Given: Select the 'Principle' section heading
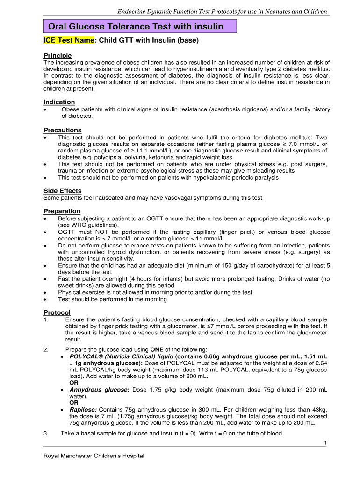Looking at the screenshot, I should coord(58,55).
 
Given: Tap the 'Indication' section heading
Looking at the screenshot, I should coord(59,102).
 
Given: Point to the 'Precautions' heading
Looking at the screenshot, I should coord(63,130).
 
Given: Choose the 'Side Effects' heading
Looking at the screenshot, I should coord(63,190).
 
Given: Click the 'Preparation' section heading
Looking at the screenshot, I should coord(62,211).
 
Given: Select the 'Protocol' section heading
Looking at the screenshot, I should coord(57,312).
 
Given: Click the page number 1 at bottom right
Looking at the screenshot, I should coord(324,443).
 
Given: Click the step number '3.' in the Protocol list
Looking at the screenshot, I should coord(46,433).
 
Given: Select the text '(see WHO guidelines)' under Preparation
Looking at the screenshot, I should coord(87,225).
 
